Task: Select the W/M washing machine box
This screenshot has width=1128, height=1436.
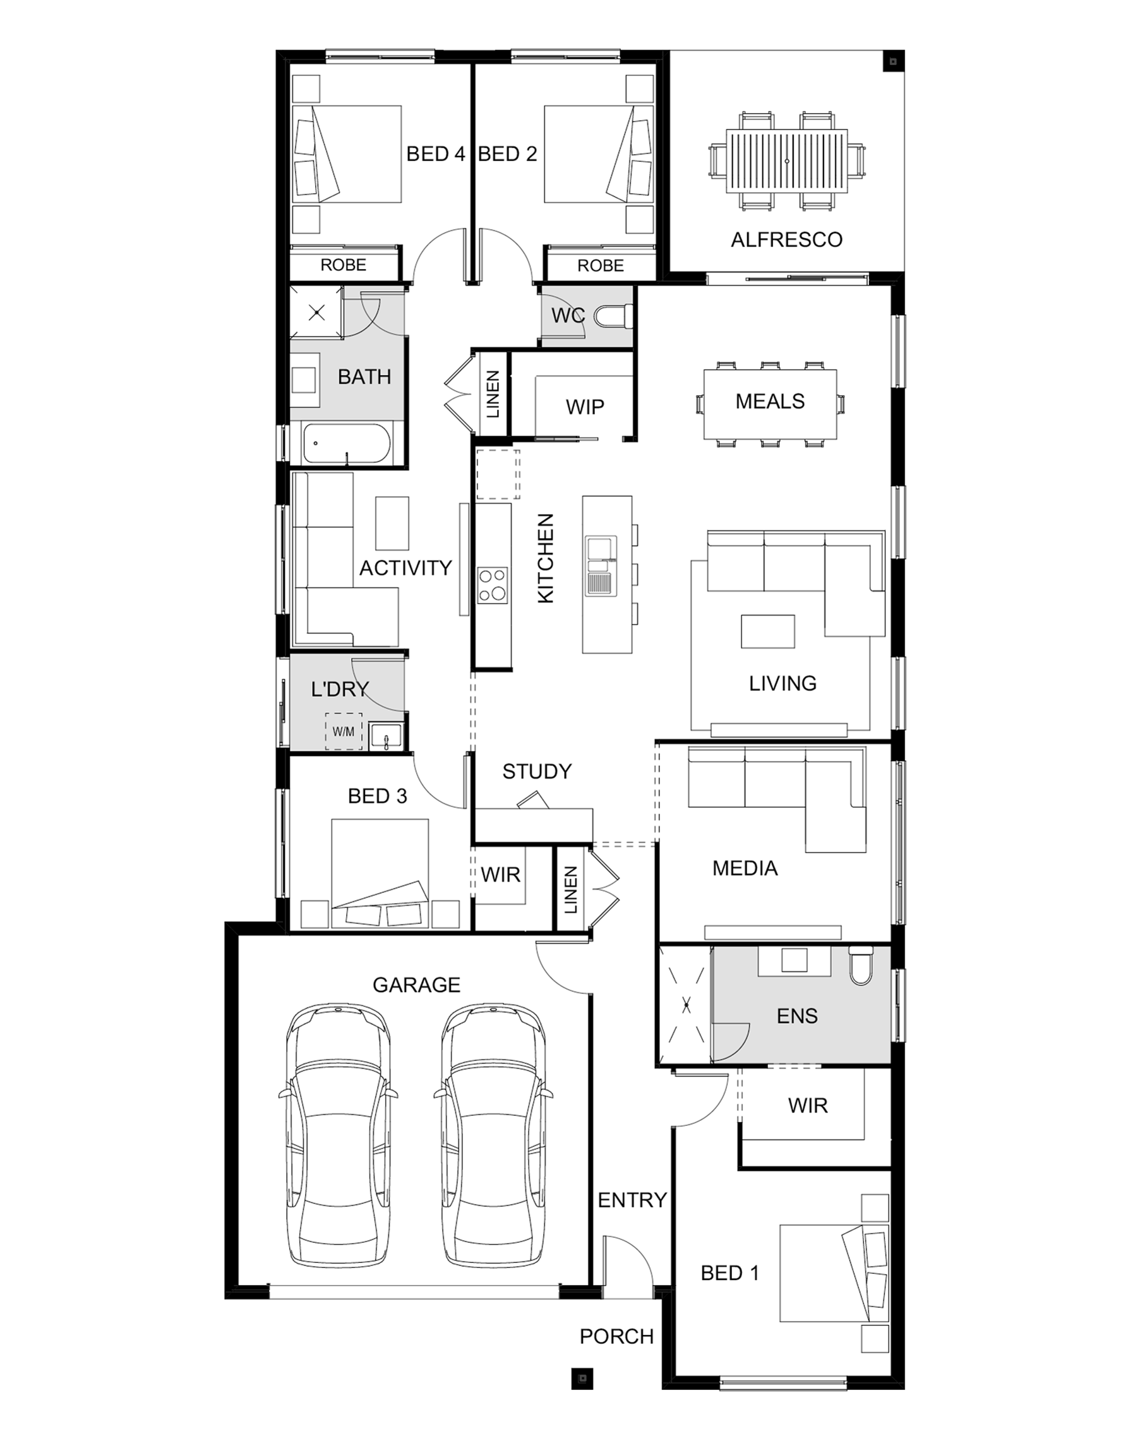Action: pyautogui.click(x=344, y=731)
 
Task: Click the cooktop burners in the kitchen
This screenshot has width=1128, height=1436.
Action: pyautogui.click(x=493, y=585)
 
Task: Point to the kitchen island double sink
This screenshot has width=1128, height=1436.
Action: pyautogui.click(x=601, y=565)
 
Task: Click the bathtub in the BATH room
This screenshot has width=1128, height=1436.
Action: pyautogui.click(x=347, y=443)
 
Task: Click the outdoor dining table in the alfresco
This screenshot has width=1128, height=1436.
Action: pyautogui.click(x=786, y=161)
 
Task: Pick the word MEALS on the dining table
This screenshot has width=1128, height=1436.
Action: pyautogui.click(x=770, y=401)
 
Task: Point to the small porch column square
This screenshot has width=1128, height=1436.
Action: pyautogui.click(x=582, y=1377)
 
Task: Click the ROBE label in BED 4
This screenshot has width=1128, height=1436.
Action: pyautogui.click(x=344, y=265)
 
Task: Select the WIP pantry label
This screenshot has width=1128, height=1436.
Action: pyautogui.click(x=584, y=407)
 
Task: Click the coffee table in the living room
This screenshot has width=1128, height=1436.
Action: pyautogui.click(x=767, y=631)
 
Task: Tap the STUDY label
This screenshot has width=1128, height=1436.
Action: pyautogui.click(x=537, y=771)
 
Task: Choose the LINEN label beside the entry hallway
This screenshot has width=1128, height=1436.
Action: pyautogui.click(x=570, y=890)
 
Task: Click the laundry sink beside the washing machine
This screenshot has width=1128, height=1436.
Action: pyautogui.click(x=386, y=736)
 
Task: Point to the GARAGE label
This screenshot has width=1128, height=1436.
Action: pyautogui.click(x=417, y=984)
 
